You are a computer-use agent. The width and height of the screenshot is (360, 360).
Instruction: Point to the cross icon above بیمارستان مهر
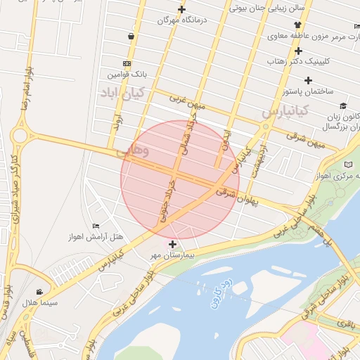[173, 244]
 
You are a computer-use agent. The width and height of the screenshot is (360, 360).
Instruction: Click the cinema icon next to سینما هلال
[39, 291]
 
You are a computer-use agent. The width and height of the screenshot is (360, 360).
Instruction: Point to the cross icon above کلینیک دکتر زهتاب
[299, 51]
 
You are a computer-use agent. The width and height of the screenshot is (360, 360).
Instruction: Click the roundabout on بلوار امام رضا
[19, 134]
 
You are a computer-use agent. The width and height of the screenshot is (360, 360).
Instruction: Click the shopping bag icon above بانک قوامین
[131, 36]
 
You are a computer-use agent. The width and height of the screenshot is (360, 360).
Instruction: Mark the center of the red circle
[180, 180]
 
